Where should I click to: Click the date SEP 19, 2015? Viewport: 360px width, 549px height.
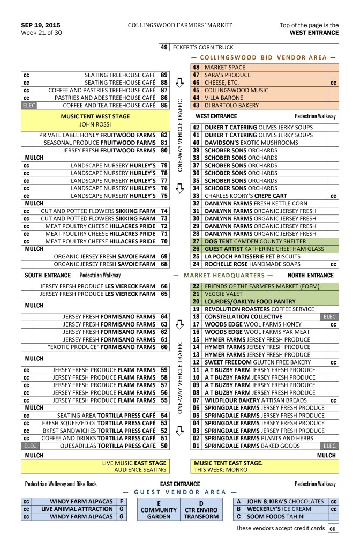point(40,25)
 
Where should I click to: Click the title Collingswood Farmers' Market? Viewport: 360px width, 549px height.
point(180,25)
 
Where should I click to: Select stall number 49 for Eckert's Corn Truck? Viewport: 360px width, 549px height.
point(164,47)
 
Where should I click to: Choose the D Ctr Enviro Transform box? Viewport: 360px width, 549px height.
point(201,509)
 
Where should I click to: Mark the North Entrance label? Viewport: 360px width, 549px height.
point(314,275)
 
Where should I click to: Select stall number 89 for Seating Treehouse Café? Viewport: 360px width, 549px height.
point(164,75)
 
